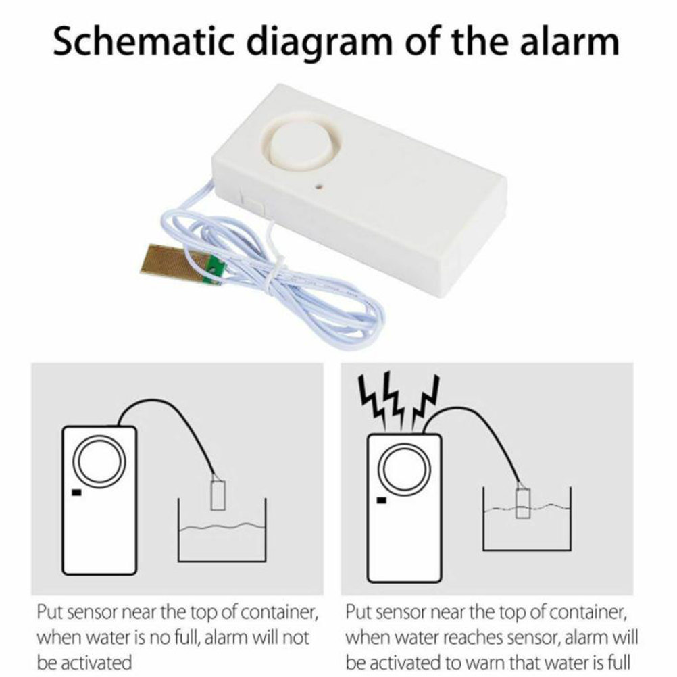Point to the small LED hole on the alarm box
[320, 187]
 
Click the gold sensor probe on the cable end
[173, 263]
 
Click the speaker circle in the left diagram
[99, 461]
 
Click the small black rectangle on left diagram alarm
[76, 492]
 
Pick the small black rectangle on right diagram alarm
[382, 501]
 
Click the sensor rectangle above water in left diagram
[218, 492]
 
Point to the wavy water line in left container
[222, 527]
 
